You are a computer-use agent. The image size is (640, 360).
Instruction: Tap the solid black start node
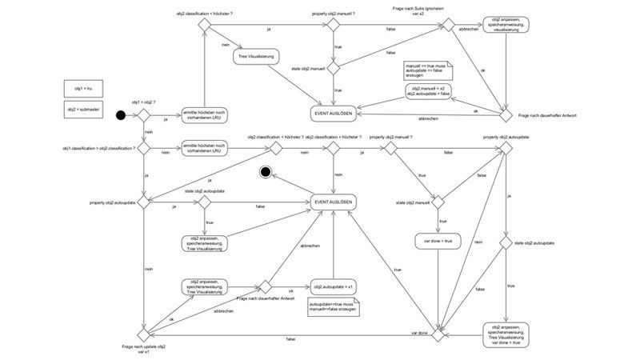(x=121, y=116)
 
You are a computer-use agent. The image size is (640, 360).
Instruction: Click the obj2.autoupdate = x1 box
(x=333, y=286)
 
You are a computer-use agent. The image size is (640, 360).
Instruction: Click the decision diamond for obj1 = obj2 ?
(x=146, y=116)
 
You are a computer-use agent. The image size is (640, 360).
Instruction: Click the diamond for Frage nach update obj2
(x=146, y=335)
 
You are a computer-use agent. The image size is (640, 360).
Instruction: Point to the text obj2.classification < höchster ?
(x=275, y=138)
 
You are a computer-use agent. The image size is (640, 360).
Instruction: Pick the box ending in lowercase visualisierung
(x=506, y=26)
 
